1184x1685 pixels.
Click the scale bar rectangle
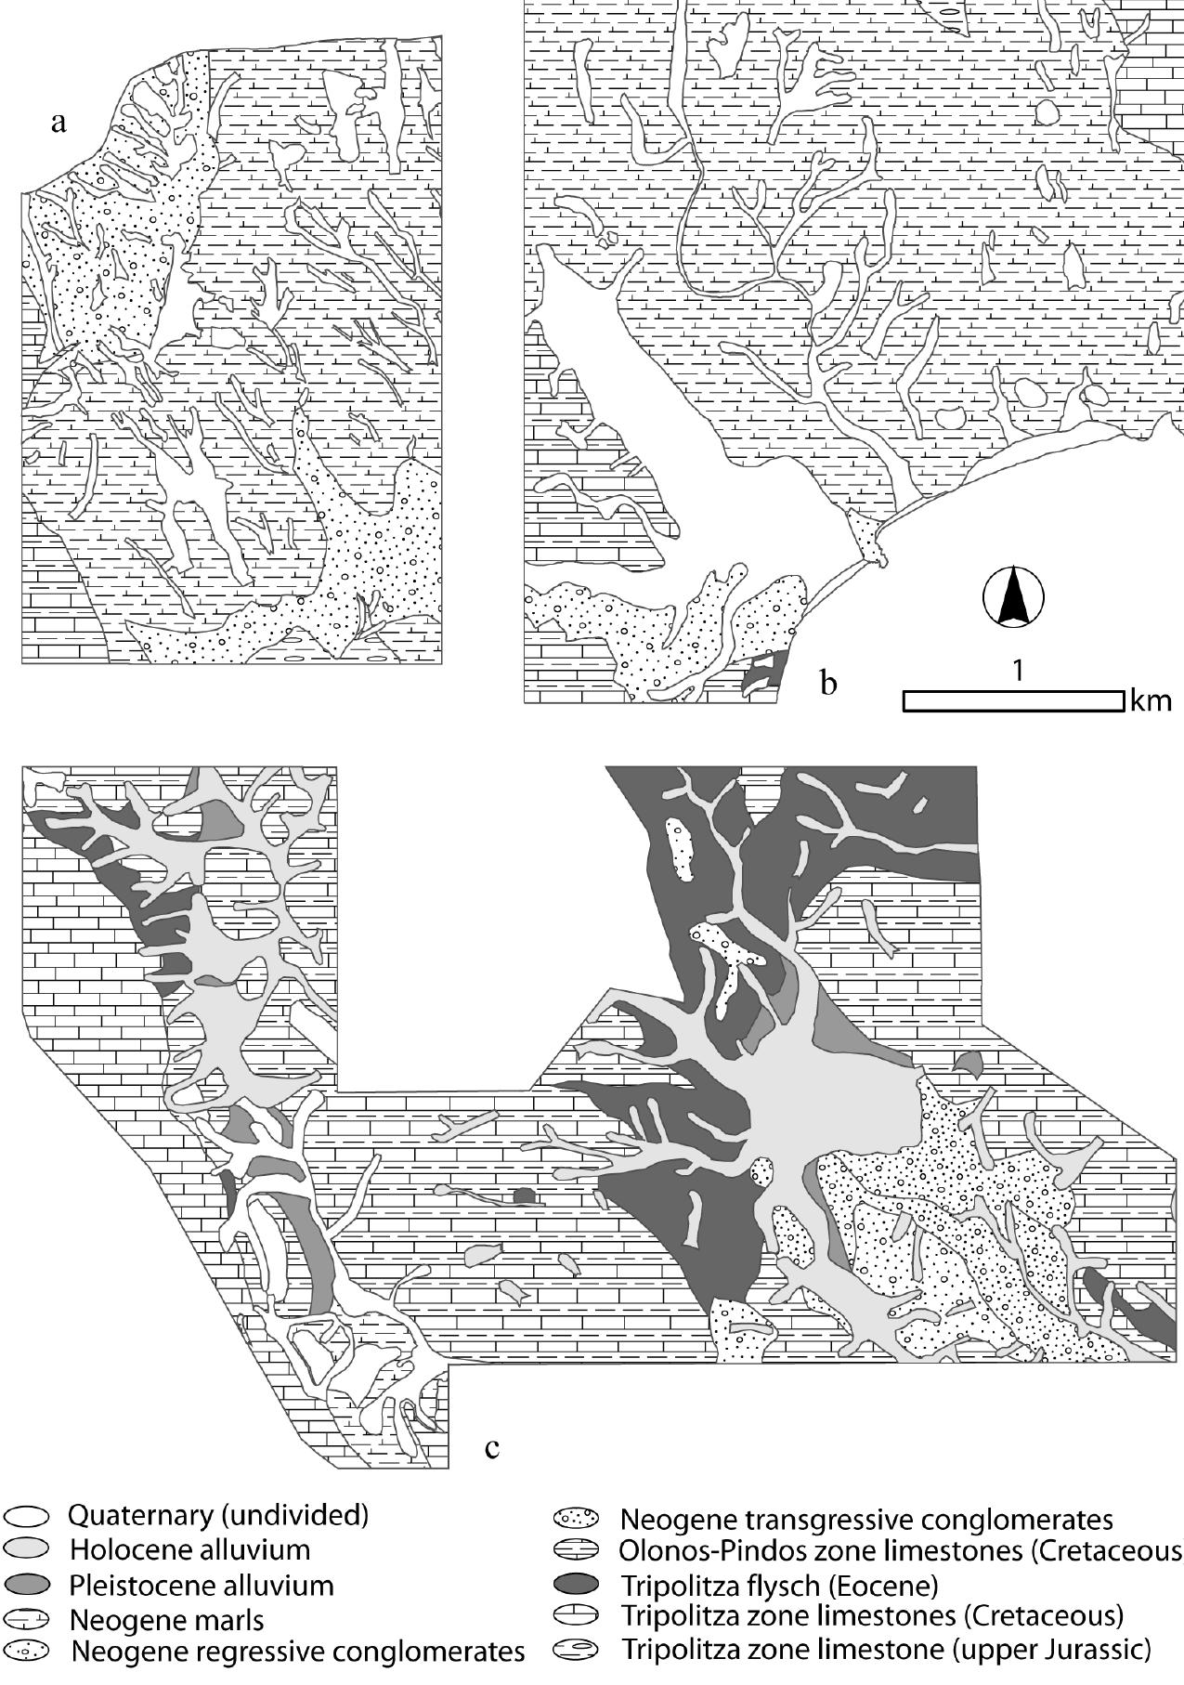point(1013,701)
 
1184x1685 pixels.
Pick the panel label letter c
point(492,1446)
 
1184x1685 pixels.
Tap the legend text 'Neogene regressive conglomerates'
point(297,1652)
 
